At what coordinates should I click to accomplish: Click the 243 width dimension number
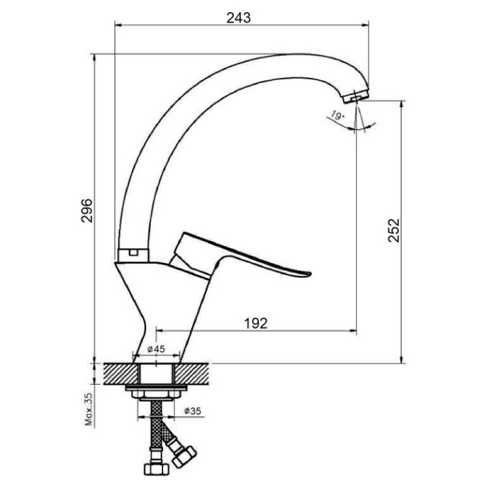238,18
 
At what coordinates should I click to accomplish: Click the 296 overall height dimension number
87,210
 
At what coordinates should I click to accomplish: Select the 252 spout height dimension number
394,231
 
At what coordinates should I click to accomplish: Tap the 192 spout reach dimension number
256,323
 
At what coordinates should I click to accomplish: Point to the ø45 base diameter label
156,349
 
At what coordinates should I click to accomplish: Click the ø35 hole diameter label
192,411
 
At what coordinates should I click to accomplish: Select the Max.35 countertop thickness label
89,408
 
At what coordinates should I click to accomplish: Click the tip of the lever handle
310,273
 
